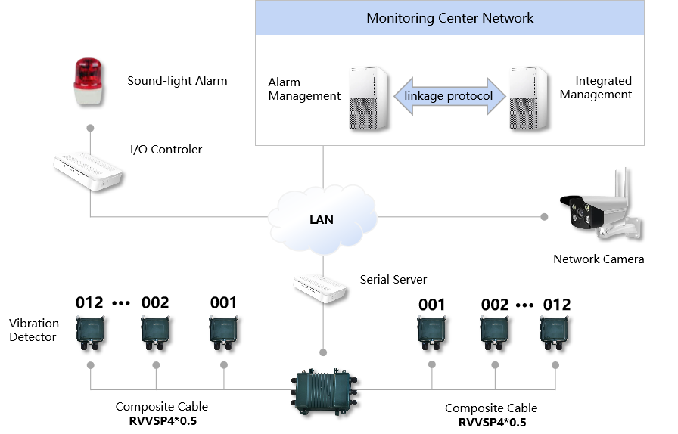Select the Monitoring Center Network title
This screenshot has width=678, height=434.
[449, 18]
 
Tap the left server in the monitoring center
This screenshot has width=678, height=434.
[368, 98]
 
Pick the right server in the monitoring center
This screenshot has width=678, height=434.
[527, 98]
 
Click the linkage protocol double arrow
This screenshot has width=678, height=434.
[449, 96]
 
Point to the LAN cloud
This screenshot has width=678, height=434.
[322, 219]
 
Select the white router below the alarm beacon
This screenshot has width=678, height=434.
[87, 170]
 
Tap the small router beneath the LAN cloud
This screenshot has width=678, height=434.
[319, 288]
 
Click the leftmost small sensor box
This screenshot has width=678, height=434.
[90, 332]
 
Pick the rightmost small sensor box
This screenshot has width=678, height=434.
[554, 332]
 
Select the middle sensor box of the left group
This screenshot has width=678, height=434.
[155, 332]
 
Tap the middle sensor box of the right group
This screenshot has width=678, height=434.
[494, 332]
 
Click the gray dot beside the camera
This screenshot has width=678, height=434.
[544, 217]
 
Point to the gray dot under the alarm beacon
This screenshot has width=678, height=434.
[90, 128]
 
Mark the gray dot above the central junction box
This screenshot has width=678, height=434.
[323, 352]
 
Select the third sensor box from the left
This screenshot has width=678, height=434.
[223, 332]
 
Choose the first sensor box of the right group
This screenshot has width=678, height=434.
[431, 332]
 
